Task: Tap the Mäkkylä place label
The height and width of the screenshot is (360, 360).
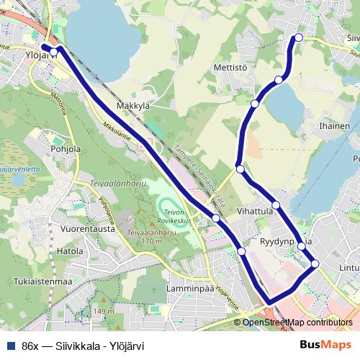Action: point(132,105)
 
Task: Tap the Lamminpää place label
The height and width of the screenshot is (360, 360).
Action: point(187,287)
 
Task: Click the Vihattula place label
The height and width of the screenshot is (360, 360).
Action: point(255,212)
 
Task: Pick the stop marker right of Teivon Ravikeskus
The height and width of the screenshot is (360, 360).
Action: point(215,217)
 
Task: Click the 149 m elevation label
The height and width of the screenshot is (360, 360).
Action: point(104,311)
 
